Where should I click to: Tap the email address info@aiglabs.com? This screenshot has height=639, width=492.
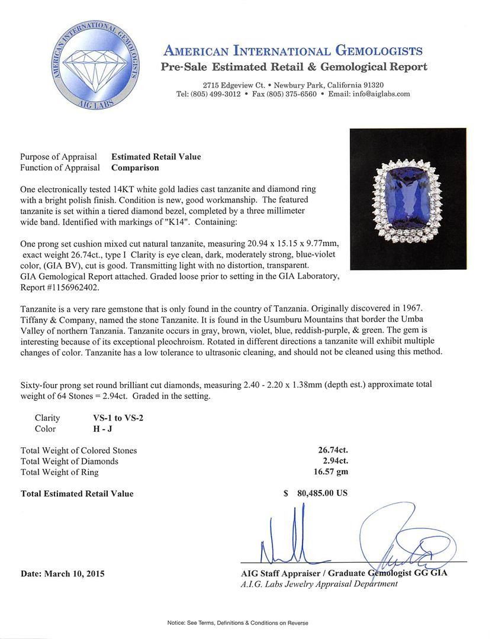click(x=381, y=94)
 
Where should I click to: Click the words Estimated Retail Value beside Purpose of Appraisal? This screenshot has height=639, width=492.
click(x=156, y=157)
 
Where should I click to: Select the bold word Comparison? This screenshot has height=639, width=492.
click(x=135, y=167)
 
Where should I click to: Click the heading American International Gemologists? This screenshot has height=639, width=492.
click(x=292, y=51)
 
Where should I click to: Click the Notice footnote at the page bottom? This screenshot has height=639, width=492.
click(x=246, y=623)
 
